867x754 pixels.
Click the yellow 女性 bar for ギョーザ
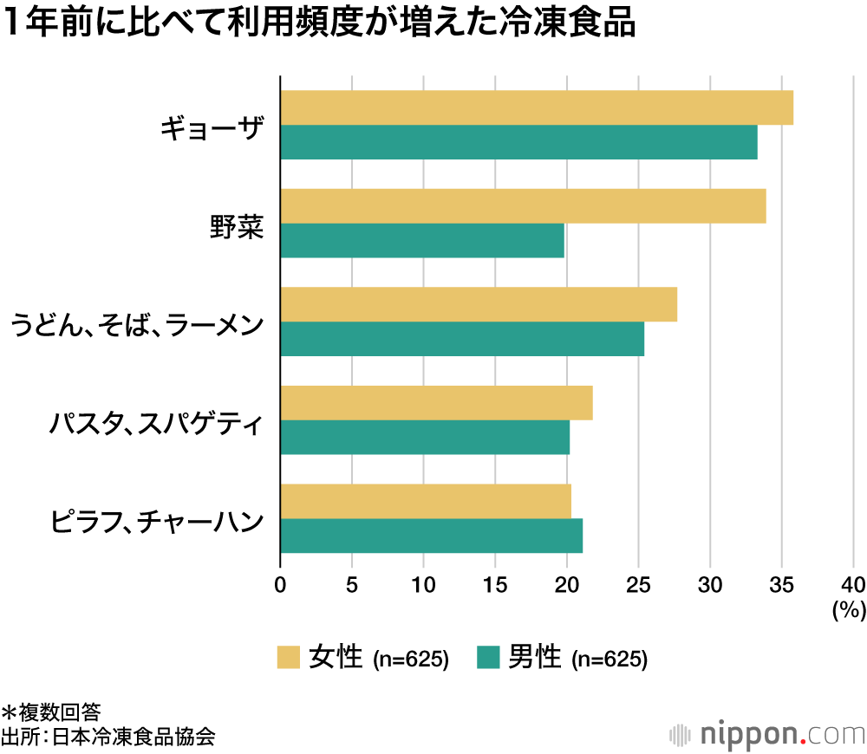click(537, 107)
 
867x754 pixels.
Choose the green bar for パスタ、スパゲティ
click(425, 437)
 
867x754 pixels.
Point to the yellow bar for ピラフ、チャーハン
click(426, 501)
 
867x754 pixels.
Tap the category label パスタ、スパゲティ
click(156, 425)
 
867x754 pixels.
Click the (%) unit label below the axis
click(849, 610)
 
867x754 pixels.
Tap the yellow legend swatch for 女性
click(288, 658)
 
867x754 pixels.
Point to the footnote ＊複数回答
click(51, 712)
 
